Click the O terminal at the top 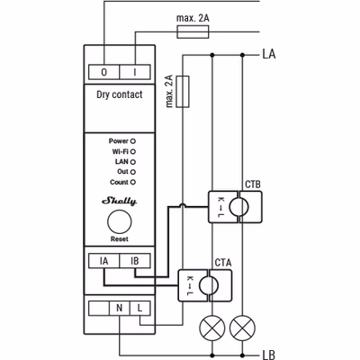click(x=104, y=72)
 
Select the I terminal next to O click(x=135, y=72)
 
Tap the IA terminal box click(x=104, y=261)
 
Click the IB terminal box click(x=135, y=261)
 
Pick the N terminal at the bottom click(x=120, y=308)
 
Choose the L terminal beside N click(x=140, y=308)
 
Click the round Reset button click(x=120, y=221)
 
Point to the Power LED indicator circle click(x=133, y=141)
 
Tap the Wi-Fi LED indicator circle click(x=133, y=152)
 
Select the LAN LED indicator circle click(x=133, y=162)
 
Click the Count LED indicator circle click(x=133, y=182)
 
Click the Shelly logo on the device click(x=120, y=201)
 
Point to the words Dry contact click(x=120, y=94)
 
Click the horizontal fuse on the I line click(x=193, y=31)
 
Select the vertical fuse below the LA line click(x=183, y=92)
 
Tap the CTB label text click(x=253, y=184)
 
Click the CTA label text click(x=223, y=263)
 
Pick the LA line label click(x=269, y=54)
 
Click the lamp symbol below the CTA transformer click(x=212, y=328)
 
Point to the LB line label click(x=269, y=355)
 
